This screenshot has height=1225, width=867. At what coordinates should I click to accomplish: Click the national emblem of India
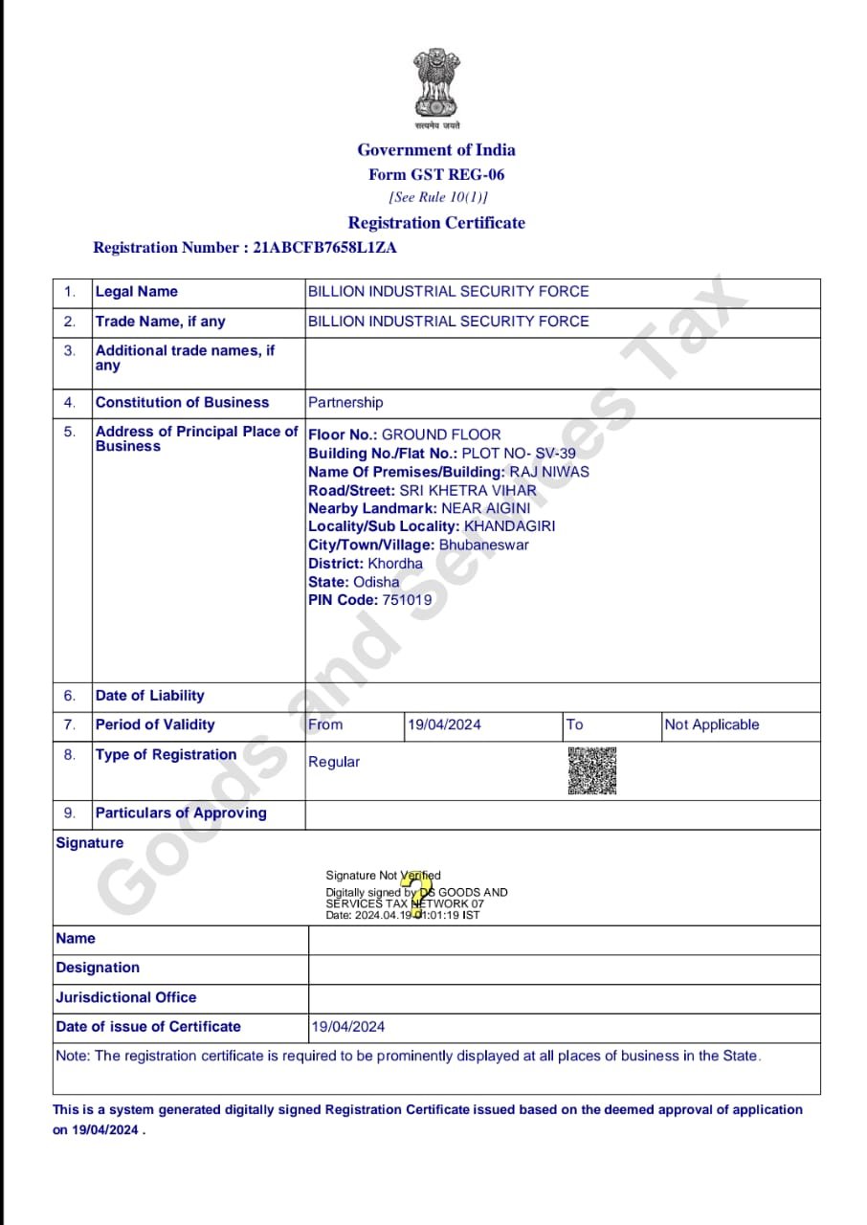pyautogui.click(x=436, y=85)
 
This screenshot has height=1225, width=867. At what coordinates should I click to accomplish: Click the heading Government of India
pyautogui.click(x=436, y=150)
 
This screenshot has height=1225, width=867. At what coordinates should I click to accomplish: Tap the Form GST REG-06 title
pyautogui.click(x=436, y=175)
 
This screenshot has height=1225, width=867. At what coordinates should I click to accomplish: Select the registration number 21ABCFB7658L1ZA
pyautogui.click(x=324, y=248)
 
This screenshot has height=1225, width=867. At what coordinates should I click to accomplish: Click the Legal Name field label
pyautogui.click(x=136, y=292)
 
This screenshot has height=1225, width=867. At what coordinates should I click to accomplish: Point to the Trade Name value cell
pyautogui.click(x=448, y=322)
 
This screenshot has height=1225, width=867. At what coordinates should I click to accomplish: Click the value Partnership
pyautogui.click(x=345, y=403)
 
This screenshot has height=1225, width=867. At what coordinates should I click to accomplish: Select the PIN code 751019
pyautogui.click(x=407, y=600)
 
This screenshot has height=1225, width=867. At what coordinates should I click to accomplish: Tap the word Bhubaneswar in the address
pyautogui.click(x=483, y=545)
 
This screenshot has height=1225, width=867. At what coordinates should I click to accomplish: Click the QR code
pyautogui.click(x=592, y=770)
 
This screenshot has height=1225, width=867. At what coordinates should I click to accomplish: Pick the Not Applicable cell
pyautogui.click(x=711, y=724)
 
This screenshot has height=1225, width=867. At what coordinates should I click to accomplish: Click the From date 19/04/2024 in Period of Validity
pyautogui.click(x=444, y=724)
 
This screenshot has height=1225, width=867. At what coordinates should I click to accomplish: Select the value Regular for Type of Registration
pyautogui.click(x=334, y=762)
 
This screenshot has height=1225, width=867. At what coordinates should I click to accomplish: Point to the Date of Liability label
pyautogui.click(x=149, y=696)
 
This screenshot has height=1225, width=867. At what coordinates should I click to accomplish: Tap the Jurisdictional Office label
pyautogui.click(x=126, y=997)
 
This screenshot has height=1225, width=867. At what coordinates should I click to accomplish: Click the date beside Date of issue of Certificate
pyautogui.click(x=348, y=1027)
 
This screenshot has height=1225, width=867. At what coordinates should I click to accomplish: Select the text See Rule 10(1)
pyautogui.click(x=438, y=198)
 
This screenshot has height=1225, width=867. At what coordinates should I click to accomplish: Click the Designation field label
pyautogui.click(x=98, y=968)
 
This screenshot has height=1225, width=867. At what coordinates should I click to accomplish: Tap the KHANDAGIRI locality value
pyautogui.click(x=509, y=526)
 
